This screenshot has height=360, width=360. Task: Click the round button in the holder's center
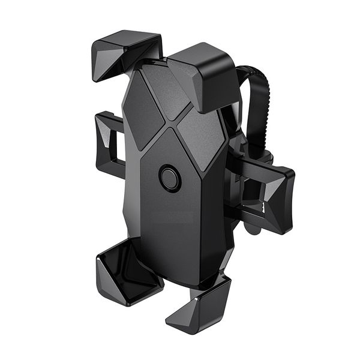click(x=170, y=178)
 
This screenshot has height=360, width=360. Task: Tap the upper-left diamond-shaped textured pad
click(x=142, y=111)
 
